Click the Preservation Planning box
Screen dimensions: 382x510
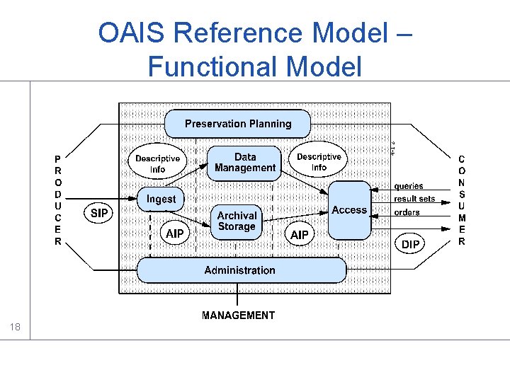[x=238, y=124]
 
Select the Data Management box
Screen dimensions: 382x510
[x=244, y=163]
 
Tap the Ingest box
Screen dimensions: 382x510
[x=161, y=199]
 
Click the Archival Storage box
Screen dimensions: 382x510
[x=237, y=221]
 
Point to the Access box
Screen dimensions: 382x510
[x=349, y=209]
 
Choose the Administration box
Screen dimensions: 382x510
[x=240, y=270]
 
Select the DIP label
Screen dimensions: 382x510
[x=410, y=244]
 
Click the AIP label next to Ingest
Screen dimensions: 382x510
[x=175, y=233]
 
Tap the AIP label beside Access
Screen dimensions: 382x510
[x=300, y=234]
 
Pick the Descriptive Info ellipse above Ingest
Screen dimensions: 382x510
[x=157, y=163]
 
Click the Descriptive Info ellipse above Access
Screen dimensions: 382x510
[x=319, y=162]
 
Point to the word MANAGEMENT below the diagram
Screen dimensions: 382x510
[x=238, y=316]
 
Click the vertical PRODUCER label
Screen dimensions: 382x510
[x=58, y=200]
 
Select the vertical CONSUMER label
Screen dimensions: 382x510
[x=462, y=200]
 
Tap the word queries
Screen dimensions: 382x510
[x=409, y=187]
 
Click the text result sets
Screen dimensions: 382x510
[x=414, y=199]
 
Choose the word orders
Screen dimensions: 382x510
[x=407, y=212]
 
